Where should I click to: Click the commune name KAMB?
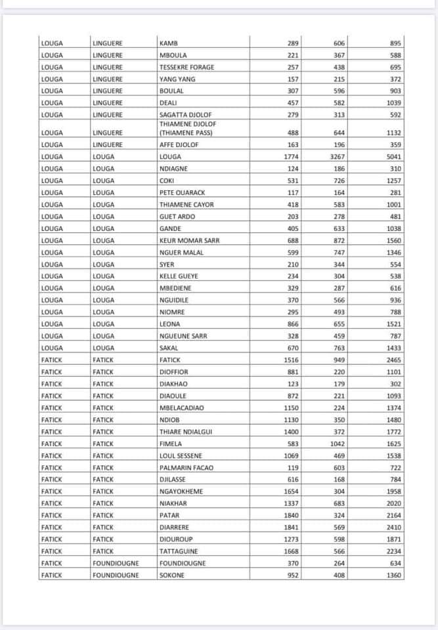169,43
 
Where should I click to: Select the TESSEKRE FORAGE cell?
186,68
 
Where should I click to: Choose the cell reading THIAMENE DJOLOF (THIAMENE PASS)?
188,128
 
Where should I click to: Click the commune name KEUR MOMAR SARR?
189,240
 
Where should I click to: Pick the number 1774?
290,157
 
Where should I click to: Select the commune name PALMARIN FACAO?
186,468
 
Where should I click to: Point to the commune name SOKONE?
172,576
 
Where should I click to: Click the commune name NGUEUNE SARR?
183,336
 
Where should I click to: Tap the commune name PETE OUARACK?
182,192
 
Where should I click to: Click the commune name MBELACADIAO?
182,408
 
